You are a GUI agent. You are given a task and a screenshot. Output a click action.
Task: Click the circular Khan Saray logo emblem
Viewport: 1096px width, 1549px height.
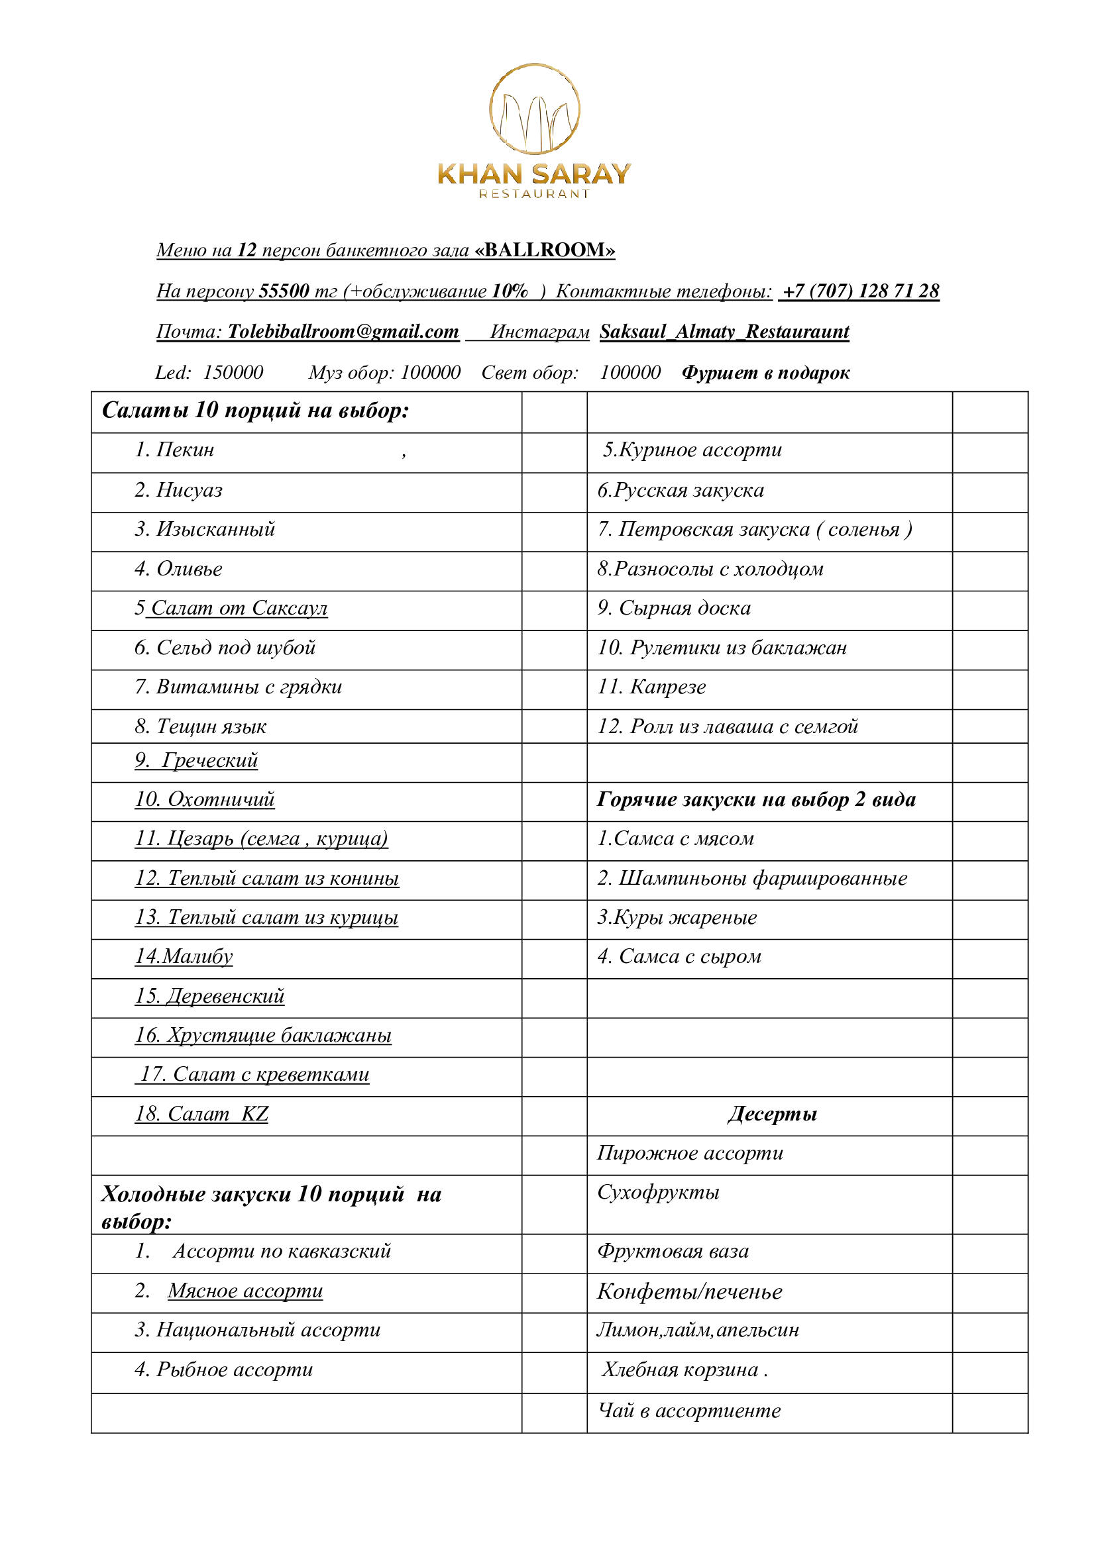tap(534, 109)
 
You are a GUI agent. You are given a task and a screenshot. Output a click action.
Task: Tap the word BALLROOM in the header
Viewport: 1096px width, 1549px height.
tap(545, 250)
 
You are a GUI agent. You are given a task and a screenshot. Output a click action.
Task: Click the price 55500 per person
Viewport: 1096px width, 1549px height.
tap(284, 291)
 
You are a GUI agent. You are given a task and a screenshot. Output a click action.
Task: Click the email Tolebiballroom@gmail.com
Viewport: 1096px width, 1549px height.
tap(343, 331)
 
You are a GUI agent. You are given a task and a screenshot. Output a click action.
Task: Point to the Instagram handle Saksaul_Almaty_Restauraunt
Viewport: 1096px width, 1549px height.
tap(724, 331)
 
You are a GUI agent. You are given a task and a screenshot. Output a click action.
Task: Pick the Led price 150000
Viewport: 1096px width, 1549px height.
tap(233, 372)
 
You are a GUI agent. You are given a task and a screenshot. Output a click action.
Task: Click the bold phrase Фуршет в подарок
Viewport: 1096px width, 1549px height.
tap(765, 372)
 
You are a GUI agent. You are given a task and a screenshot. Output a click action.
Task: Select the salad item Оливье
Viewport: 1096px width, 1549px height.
tap(189, 569)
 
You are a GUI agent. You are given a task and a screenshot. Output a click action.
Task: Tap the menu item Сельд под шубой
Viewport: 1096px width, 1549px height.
tap(235, 648)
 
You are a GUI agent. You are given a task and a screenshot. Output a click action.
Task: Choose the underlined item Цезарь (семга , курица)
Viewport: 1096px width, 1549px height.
tap(261, 838)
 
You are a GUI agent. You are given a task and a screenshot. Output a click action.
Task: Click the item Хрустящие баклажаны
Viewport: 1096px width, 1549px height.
tap(263, 1035)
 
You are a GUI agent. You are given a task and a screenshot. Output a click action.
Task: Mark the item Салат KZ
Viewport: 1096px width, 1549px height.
tap(201, 1114)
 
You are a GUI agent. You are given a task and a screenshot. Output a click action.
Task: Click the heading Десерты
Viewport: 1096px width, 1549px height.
tap(772, 1114)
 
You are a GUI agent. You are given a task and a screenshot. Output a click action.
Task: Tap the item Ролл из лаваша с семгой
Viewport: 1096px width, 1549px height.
tap(727, 726)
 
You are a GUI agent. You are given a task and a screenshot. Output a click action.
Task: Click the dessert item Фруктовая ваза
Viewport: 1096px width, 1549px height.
tap(672, 1252)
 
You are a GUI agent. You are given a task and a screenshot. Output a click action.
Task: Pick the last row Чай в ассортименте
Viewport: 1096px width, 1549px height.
tap(689, 1411)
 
